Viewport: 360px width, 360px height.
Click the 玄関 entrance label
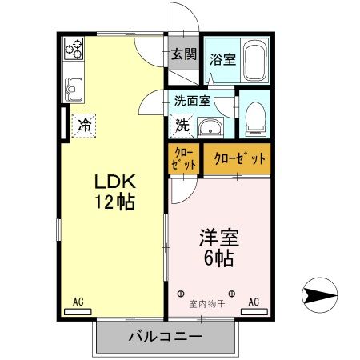184,54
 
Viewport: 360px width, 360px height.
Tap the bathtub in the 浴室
255,60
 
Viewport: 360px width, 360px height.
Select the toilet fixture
255,119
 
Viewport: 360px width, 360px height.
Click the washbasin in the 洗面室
210,128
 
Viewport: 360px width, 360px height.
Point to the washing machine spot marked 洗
182,126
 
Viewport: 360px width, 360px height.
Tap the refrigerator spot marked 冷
84,126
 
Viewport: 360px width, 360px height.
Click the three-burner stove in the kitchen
74,49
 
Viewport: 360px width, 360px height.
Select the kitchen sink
74,90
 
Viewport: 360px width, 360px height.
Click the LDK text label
115,182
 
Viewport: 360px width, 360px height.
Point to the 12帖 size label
115,202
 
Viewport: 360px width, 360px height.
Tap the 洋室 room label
219,238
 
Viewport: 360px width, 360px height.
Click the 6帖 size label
219,258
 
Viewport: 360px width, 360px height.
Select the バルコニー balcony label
166,337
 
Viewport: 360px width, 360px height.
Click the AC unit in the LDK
78,312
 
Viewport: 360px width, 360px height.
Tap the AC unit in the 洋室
254,312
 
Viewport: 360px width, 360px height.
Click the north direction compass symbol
319,295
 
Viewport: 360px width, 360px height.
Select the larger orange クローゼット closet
238,159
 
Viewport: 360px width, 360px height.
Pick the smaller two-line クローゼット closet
184,159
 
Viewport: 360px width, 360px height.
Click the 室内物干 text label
207,304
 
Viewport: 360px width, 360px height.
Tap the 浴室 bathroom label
222,59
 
